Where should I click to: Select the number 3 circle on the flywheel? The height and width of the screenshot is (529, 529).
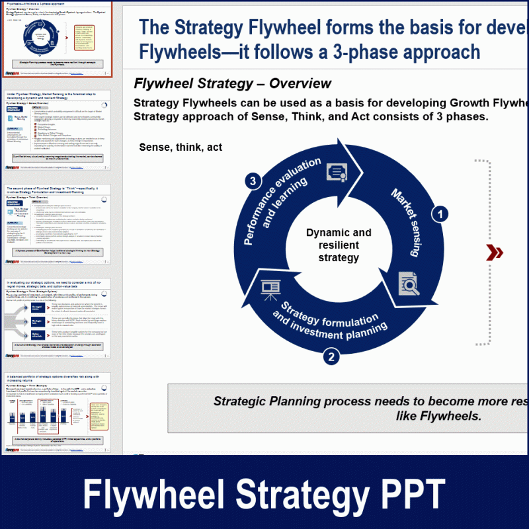(x=251, y=181)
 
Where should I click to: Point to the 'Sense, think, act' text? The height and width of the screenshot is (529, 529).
(x=181, y=147)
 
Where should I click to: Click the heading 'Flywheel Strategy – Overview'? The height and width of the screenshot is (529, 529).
(x=232, y=83)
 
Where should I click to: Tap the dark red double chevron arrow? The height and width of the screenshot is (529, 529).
(x=494, y=252)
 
